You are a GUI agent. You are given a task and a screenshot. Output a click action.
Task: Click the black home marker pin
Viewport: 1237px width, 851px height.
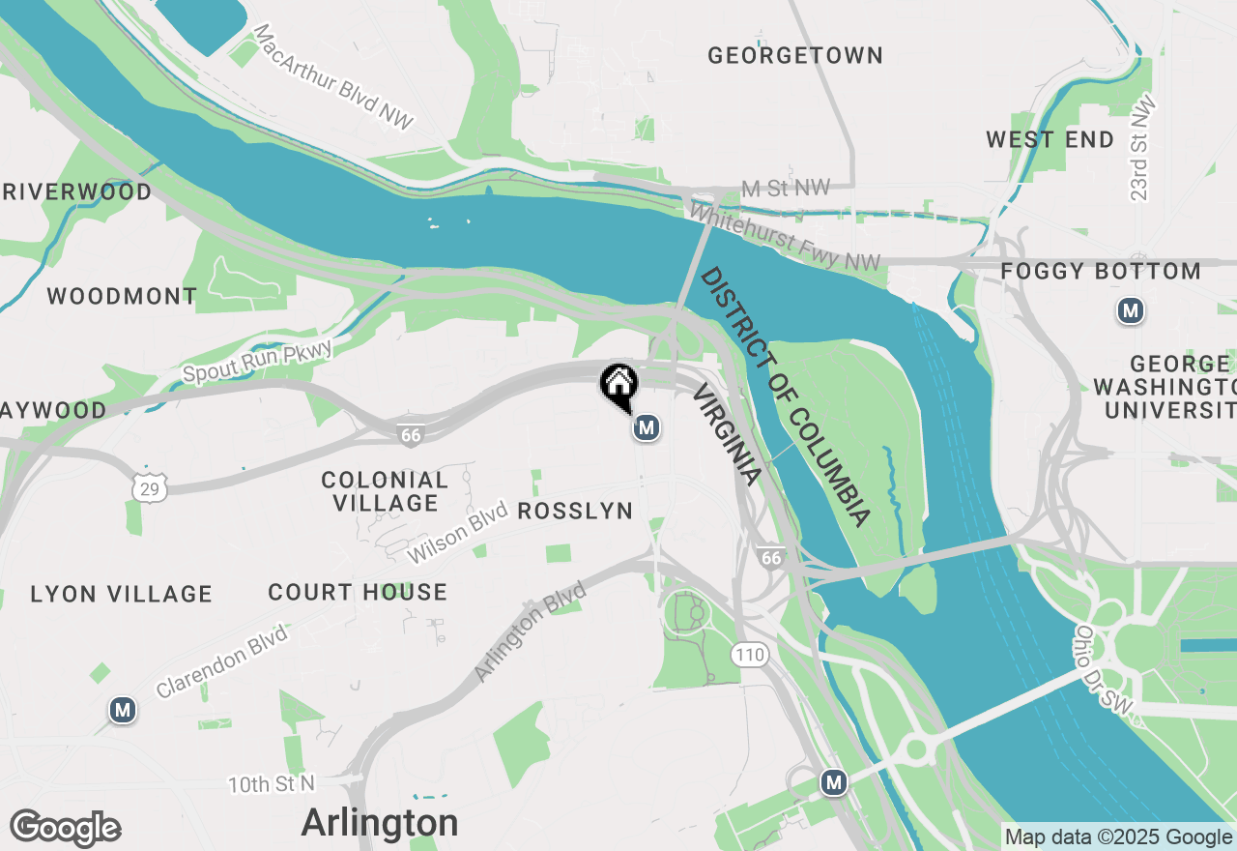(x=618, y=385)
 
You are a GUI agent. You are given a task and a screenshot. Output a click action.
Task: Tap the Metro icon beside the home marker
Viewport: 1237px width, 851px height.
(x=647, y=426)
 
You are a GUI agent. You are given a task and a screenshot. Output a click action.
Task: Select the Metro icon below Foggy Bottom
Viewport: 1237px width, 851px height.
(x=1130, y=311)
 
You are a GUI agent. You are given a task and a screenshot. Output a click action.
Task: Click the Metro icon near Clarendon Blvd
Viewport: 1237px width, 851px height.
(x=122, y=710)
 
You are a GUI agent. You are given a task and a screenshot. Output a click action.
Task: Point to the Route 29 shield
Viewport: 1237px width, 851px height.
(x=151, y=488)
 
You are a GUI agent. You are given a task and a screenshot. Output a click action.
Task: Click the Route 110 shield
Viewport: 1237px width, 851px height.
(x=749, y=656)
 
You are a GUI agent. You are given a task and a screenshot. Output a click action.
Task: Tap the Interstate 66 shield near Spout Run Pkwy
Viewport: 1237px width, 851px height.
(x=412, y=434)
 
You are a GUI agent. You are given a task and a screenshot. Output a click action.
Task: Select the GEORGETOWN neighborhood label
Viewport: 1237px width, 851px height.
(x=795, y=55)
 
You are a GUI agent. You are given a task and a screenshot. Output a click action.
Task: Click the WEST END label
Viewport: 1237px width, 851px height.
(x=1050, y=139)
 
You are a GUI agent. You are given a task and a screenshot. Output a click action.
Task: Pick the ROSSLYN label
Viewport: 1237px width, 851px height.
(x=575, y=511)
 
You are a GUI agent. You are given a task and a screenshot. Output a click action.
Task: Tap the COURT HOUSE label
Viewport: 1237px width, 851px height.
(x=358, y=592)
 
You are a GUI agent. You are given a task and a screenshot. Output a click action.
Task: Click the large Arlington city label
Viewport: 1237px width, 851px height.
(x=380, y=823)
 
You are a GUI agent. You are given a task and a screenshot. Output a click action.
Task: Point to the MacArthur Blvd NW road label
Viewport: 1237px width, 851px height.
(x=333, y=77)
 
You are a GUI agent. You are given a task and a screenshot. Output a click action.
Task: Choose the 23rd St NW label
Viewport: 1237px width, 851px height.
(x=1141, y=149)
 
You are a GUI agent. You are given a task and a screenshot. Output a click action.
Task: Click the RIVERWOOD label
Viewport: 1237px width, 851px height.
(x=77, y=191)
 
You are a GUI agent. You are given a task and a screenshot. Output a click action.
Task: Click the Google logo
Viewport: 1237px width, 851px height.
(x=65, y=828)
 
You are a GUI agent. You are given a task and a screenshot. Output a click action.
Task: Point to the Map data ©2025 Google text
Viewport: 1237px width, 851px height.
(x=1118, y=837)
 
